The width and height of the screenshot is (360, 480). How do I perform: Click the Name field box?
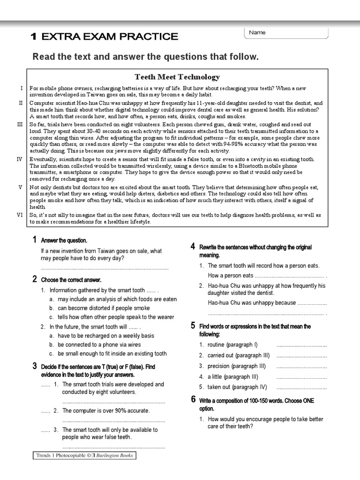click(x=286, y=33)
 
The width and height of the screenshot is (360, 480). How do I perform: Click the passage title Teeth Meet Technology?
click(x=177, y=77)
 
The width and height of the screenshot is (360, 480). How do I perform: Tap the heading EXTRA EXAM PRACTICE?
click(x=104, y=37)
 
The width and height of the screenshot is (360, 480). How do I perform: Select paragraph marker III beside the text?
click(x=20, y=124)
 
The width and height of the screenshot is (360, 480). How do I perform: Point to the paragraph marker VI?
click(x=20, y=215)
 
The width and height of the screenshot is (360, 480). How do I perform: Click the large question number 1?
click(x=35, y=240)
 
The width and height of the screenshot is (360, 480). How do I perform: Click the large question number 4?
click(x=193, y=247)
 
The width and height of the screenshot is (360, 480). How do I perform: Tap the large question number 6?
click(x=193, y=400)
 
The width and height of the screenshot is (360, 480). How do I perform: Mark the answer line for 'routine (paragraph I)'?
click(x=301, y=345)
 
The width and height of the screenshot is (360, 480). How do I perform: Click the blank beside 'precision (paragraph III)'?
click(x=301, y=366)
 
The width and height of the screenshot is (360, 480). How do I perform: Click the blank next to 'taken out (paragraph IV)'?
click(x=301, y=387)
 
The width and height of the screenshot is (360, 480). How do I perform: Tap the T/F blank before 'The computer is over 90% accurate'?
click(x=45, y=411)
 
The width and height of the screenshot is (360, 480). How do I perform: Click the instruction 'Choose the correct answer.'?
click(x=71, y=280)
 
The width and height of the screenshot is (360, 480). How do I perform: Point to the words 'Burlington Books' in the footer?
click(x=114, y=455)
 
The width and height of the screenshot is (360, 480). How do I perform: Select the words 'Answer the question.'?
click(x=64, y=240)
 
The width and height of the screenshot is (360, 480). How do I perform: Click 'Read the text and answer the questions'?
click(x=145, y=57)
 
